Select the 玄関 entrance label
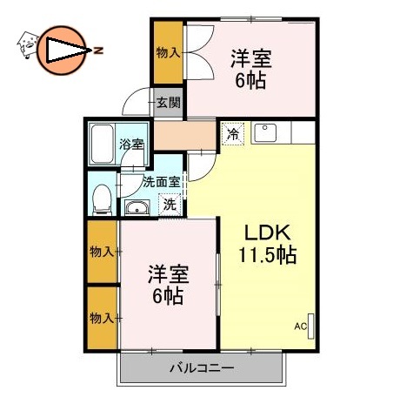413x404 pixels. click(168, 103)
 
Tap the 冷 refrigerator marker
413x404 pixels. click(232, 134)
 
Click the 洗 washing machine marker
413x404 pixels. click(170, 205)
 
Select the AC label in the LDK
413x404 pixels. click(300, 327)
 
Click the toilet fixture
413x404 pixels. click(101, 198)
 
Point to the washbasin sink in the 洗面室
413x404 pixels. click(137, 207)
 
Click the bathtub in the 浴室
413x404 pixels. click(102, 144)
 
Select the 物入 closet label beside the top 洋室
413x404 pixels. click(168, 53)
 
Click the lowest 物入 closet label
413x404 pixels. click(102, 319)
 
